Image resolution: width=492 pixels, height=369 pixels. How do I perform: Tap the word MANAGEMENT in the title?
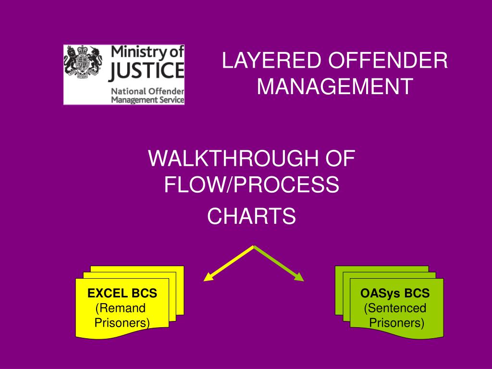335,86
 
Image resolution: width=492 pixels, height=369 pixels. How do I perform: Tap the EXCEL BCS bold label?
122,293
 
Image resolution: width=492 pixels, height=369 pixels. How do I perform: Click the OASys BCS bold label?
395,293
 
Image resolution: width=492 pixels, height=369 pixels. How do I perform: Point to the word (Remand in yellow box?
121,308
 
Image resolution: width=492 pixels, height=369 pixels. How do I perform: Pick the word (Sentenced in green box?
395,308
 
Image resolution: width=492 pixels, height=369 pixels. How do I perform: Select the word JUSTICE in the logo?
147,70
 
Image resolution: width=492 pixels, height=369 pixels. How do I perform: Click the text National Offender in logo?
148,91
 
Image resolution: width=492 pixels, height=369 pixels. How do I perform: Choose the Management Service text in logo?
148,100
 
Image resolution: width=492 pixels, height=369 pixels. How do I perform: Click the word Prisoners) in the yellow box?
122,323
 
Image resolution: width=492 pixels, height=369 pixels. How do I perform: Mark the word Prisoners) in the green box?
396,323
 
